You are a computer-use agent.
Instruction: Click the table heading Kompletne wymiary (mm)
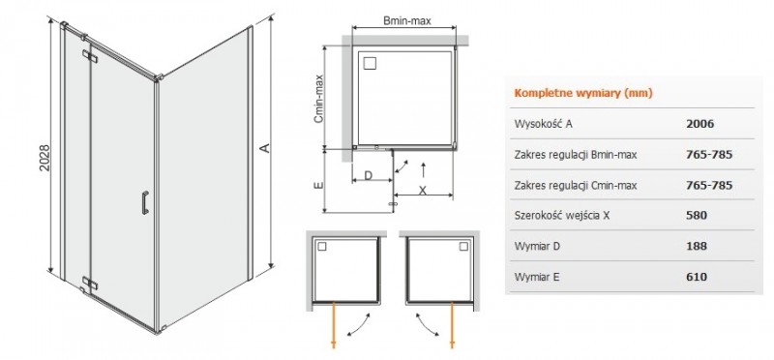(580, 93)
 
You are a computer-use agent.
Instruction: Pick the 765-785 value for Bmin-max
(708, 154)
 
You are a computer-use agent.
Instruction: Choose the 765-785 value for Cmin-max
(708, 185)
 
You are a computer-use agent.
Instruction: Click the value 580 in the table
(696, 216)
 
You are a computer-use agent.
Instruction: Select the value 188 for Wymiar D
(696, 247)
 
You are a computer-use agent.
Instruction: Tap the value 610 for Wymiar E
(696, 278)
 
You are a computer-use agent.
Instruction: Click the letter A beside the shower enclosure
(262, 148)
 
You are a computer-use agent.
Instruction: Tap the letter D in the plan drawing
(368, 176)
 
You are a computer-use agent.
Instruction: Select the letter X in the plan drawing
(423, 191)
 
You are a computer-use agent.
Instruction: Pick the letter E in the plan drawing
(318, 181)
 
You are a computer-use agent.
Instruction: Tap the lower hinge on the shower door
(90, 283)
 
